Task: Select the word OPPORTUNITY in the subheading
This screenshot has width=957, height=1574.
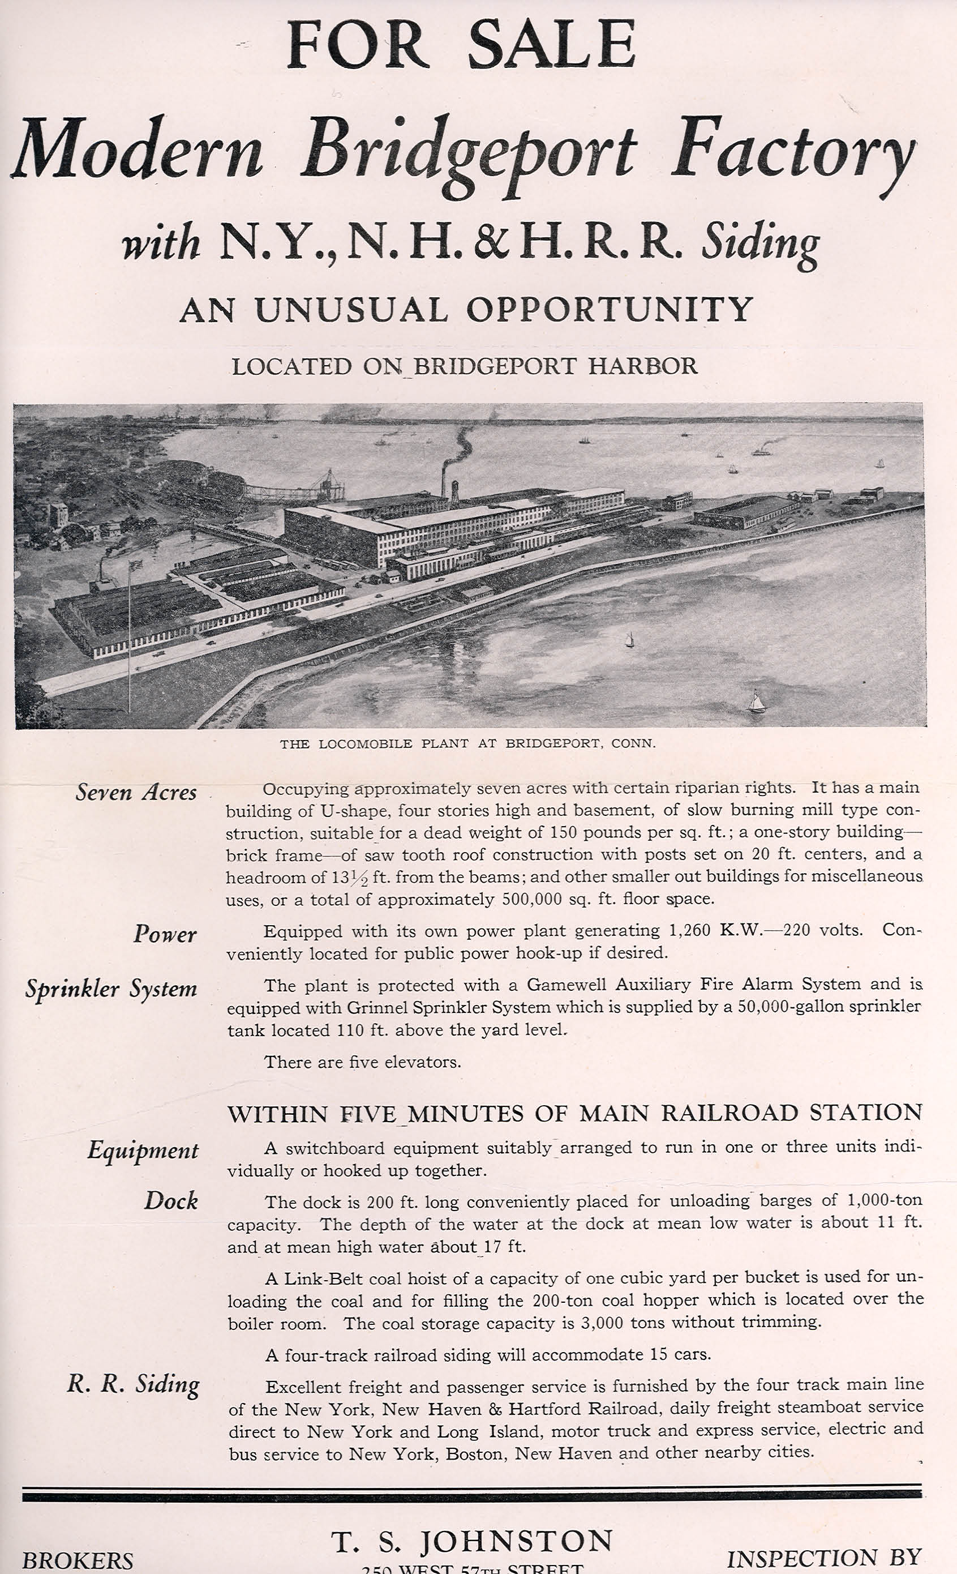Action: [x=610, y=310]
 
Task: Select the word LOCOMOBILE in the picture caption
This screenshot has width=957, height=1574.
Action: [x=365, y=743]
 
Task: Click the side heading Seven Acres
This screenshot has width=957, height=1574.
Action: [x=136, y=793]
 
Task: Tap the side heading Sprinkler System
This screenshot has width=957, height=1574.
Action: [x=111, y=989]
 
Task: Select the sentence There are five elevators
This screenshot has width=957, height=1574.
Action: [x=362, y=1062]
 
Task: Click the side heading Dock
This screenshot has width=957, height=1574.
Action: [x=170, y=1200]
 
